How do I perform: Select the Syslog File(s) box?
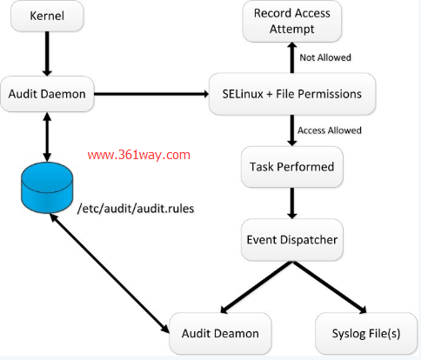[x=359, y=333]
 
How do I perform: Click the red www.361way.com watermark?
[x=139, y=155]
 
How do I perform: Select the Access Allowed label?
[x=330, y=130]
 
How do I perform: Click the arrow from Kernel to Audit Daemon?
[x=41, y=56]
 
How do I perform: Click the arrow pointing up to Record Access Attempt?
[x=291, y=57]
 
